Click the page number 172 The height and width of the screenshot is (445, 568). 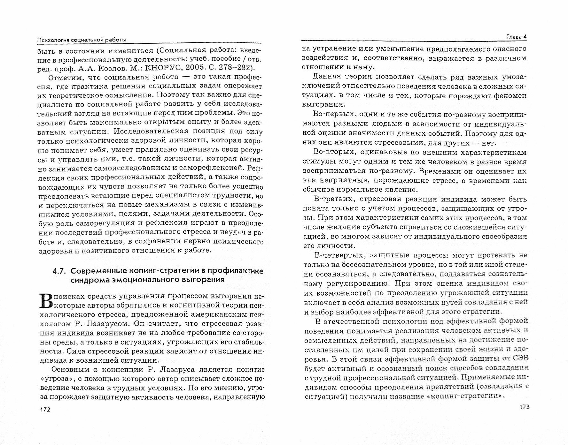[x=44, y=409]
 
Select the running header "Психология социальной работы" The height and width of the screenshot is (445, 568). [x=82, y=40]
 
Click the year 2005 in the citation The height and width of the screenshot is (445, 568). [x=194, y=68]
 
